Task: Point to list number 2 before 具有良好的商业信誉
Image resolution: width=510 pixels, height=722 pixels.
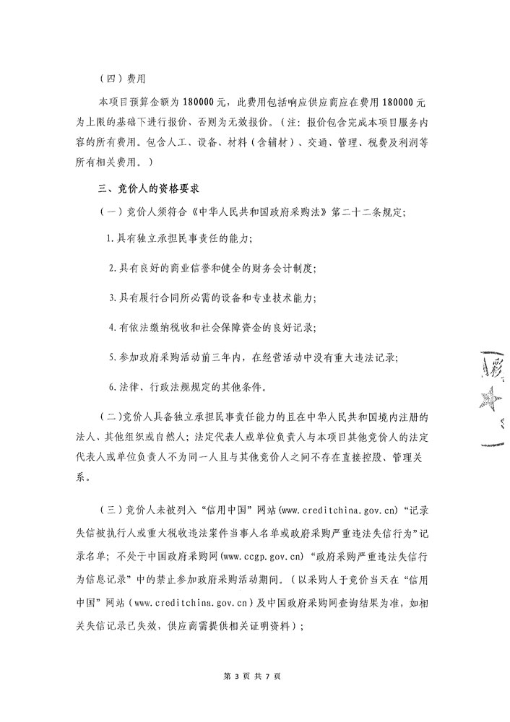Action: tap(111, 267)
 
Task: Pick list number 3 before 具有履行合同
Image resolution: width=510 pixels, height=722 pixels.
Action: tap(111, 297)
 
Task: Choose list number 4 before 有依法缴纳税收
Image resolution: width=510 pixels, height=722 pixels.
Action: tap(111, 327)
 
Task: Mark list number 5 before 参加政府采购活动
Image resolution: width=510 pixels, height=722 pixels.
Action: tap(111, 357)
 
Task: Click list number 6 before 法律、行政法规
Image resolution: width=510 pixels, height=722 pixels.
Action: tap(111, 386)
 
